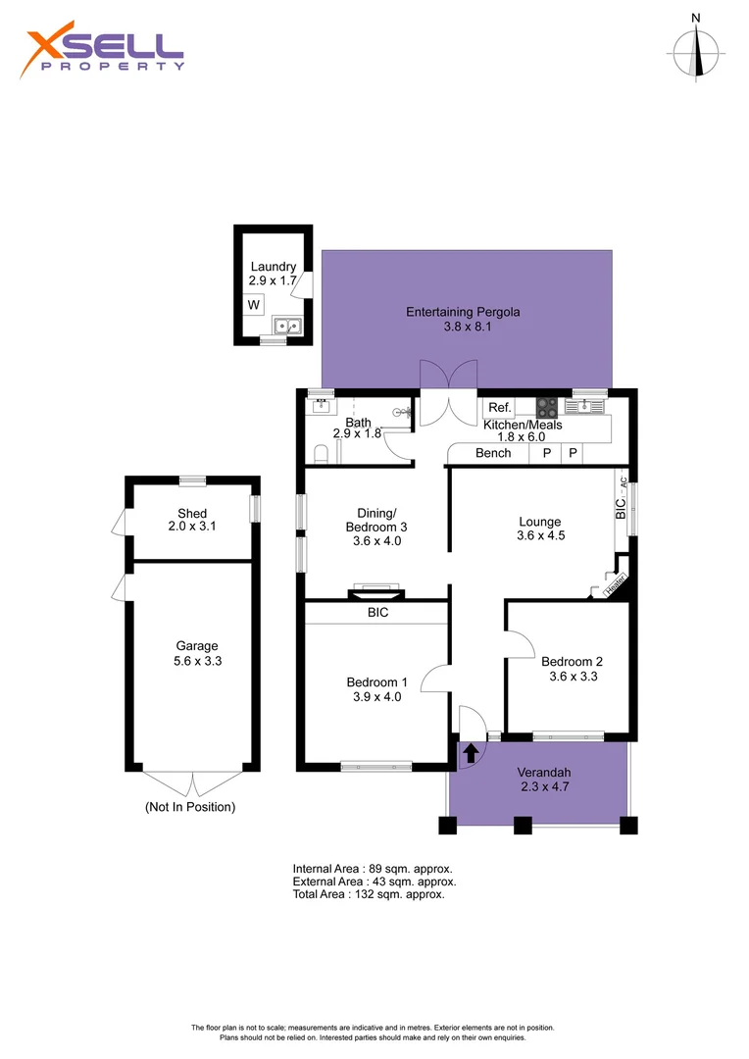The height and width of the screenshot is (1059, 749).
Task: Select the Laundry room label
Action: point(274,267)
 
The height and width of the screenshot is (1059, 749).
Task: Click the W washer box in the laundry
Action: point(254,305)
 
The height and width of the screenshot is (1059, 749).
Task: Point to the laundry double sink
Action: point(287,326)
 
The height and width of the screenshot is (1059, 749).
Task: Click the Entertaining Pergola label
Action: point(463,312)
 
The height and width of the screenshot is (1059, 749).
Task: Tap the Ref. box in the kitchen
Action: point(500,407)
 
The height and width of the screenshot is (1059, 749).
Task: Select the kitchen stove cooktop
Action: point(547,408)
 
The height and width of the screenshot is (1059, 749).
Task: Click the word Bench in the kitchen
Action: point(493,453)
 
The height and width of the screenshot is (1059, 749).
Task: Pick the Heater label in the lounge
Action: point(616,582)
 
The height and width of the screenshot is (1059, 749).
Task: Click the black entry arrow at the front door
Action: point(471,752)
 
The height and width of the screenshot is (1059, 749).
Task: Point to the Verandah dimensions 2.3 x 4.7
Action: point(544,786)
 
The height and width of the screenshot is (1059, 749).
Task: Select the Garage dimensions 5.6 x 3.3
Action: point(197,661)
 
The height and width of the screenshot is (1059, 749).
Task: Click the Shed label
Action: point(192,513)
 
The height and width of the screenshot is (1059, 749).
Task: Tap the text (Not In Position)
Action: point(190,807)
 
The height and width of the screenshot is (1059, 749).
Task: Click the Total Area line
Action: point(369,894)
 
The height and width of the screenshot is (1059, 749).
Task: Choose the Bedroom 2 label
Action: point(573,662)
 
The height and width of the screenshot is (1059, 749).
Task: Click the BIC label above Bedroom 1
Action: point(378,613)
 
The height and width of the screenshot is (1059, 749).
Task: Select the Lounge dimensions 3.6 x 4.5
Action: point(541,535)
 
